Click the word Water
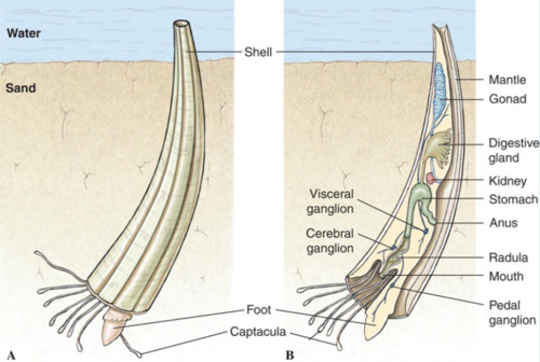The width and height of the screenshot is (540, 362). pos(24,33)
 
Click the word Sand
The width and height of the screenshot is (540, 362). pos(21,88)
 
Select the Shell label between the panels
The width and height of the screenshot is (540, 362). pos(258,52)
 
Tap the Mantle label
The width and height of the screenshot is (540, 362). pos(507,80)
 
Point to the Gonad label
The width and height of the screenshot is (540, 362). pos(507,99)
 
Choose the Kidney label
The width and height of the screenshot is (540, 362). pos(507,181)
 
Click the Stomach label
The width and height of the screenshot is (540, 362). pos(513,200)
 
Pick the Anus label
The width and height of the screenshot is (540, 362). pos(503,223)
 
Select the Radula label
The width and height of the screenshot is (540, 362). pos(508,258)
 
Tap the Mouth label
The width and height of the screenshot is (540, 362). pos(506,277)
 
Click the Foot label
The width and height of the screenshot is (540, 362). pos(258,310)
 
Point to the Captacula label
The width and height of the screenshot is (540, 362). pos(258,331)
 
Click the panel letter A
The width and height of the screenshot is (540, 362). pos(11,355)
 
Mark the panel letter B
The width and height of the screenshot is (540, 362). pos(289,355)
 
